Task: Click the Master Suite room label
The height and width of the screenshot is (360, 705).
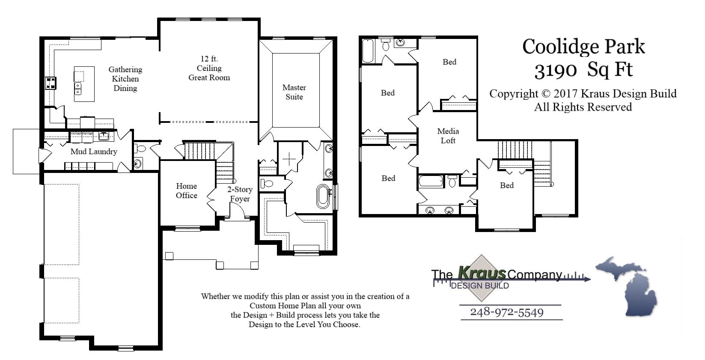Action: [294, 92]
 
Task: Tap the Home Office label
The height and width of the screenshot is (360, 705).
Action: [186, 190]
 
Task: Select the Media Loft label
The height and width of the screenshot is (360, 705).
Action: [448, 136]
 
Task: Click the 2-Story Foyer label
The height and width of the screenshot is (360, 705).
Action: [239, 194]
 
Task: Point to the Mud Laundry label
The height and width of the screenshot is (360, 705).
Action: [94, 152]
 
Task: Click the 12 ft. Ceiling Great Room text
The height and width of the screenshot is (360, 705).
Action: [209, 68]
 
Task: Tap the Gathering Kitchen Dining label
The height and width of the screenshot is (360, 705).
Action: [125, 79]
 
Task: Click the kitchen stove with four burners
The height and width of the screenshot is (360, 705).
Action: [51, 83]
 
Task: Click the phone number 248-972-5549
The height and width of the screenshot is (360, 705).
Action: [507, 312]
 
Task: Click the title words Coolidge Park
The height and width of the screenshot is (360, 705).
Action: [583, 46]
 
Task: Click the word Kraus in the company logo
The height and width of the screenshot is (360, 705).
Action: [482, 273]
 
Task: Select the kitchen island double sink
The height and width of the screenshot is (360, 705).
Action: [78, 88]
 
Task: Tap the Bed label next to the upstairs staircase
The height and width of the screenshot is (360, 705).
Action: [506, 185]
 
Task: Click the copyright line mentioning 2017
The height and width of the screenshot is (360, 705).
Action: [583, 94]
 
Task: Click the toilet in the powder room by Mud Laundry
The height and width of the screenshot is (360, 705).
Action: [140, 149]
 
